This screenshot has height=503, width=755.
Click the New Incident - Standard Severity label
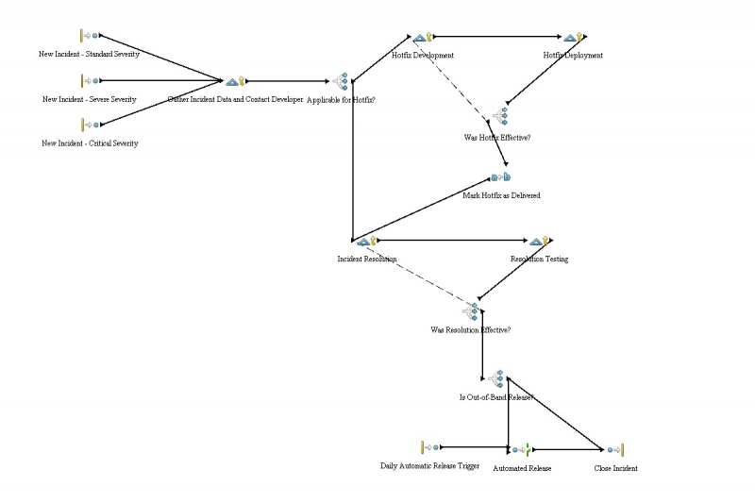tap(89, 55)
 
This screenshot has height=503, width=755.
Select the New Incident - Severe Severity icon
tap(90, 81)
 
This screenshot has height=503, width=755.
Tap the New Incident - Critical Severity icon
tap(90, 124)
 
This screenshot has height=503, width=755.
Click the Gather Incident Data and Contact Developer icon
tap(235, 82)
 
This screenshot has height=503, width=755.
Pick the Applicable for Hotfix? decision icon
tap(341, 82)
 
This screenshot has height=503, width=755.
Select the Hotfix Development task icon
tap(423, 38)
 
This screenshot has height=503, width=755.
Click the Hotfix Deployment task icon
tap(572, 38)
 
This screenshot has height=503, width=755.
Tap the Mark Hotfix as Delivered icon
tap(501, 177)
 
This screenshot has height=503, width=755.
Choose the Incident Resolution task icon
tap(367, 242)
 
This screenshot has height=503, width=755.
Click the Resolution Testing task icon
tap(539, 242)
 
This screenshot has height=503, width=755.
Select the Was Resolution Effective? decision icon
tap(471, 310)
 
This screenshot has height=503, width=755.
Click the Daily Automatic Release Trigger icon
tap(429, 447)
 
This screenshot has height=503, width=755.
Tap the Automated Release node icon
tap(522, 450)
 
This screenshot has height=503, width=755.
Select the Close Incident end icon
tap(616, 450)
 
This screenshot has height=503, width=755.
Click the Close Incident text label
tap(615, 468)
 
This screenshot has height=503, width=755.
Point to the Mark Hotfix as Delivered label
tap(501, 195)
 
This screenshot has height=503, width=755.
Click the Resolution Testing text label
tap(539, 259)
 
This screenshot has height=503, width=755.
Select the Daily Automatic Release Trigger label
tap(430, 465)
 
